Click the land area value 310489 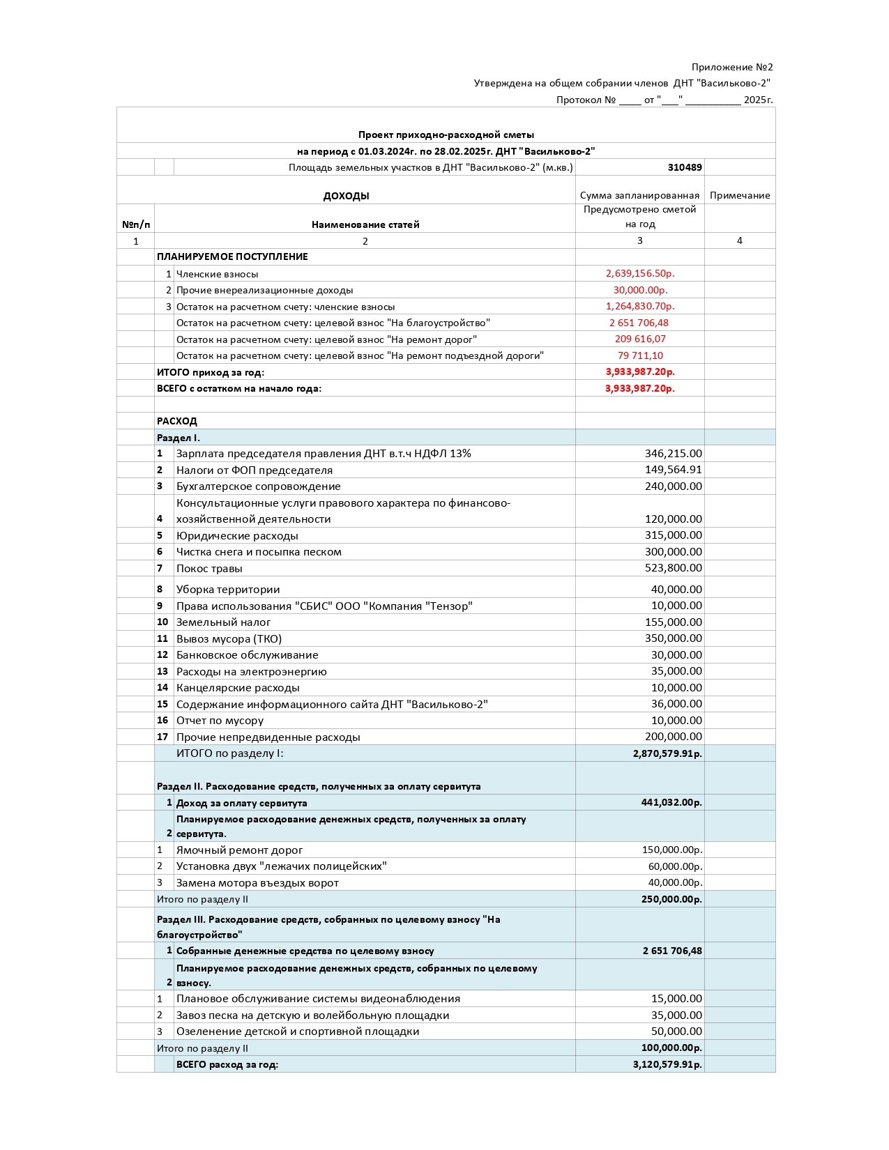pyautogui.click(x=684, y=167)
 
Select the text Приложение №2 pyautogui.click(x=731, y=67)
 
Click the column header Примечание pyautogui.click(x=739, y=195)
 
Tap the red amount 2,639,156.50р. pyautogui.click(x=640, y=273)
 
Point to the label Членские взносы pyautogui.click(x=217, y=274)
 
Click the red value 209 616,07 pyautogui.click(x=639, y=339)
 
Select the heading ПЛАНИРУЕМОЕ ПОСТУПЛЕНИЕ pyautogui.click(x=232, y=256)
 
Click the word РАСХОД pyautogui.click(x=176, y=421)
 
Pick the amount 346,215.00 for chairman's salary pyautogui.click(x=673, y=454)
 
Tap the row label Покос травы pyautogui.click(x=209, y=568)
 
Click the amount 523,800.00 pyautogui.click(x=673, y=568)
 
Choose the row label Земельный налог pyautogui.click(x=223, y=622)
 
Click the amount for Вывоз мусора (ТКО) pyautogui.click(x=673, y=638)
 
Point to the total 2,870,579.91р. pyautogui.click(x=667, y=753)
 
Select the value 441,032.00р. pyautogui.click(x=671, y=802)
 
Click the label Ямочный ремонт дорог pyautogui.click(x=239, y=850)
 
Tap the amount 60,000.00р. pyautogui.click(x=674, y=866)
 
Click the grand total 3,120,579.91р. pyautogui.click(x=667, y=1064)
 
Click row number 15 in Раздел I pyautogui.click(x=162, y=704)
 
